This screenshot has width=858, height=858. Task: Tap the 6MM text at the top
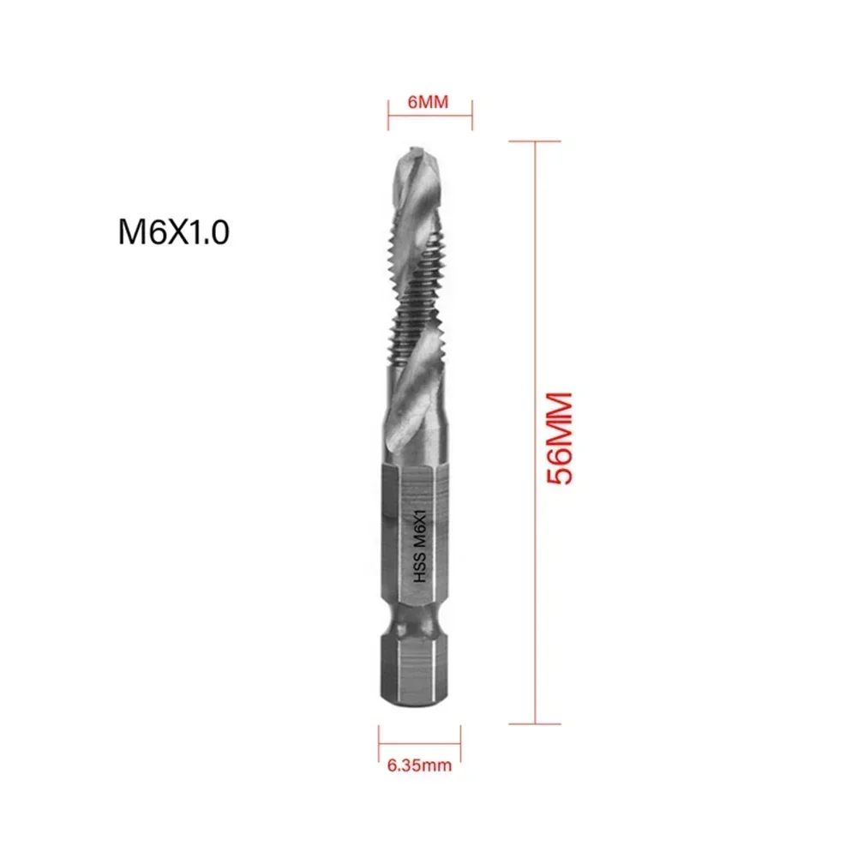pos(429,101)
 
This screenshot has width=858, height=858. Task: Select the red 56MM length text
pos(560,438)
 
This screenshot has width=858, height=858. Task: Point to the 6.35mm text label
pos(420,765)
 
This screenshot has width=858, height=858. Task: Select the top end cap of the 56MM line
pos(535,141)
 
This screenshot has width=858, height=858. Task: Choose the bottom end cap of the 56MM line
pos(535,724)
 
